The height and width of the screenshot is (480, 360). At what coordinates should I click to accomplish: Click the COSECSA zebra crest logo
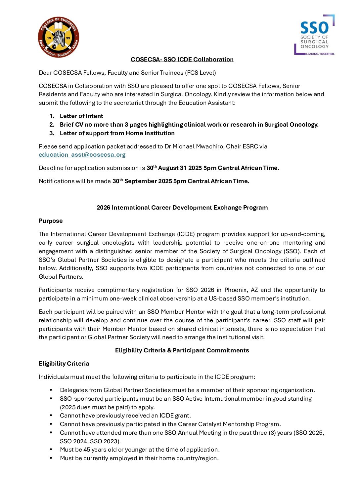pos(59,37)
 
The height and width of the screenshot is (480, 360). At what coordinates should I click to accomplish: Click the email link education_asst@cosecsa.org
pos(82,155)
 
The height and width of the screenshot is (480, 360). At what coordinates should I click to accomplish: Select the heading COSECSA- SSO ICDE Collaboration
pos(182,60)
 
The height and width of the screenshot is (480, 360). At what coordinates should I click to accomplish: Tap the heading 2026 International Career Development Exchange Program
pos(182,208)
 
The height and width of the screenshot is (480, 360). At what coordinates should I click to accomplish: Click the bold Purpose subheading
pos(51,221)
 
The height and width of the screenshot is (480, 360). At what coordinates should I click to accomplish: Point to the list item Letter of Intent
pos(81,116)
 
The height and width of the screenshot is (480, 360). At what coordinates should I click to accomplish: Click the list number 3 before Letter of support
pos(52,133)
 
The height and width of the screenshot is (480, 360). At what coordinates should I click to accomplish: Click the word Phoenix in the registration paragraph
pos(236,290)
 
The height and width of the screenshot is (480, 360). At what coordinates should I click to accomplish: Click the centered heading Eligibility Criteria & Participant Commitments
pos(182,350)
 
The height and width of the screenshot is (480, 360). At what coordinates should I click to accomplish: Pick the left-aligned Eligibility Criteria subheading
pos(64,364)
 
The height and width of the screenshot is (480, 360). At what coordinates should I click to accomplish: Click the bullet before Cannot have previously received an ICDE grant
pos(51,416)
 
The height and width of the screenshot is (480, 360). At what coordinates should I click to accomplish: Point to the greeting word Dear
pos(45,73)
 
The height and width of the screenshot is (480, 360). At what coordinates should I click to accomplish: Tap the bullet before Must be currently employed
pos(51,458)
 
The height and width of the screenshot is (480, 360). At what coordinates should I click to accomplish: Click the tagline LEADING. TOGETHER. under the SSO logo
pos(320,54)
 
